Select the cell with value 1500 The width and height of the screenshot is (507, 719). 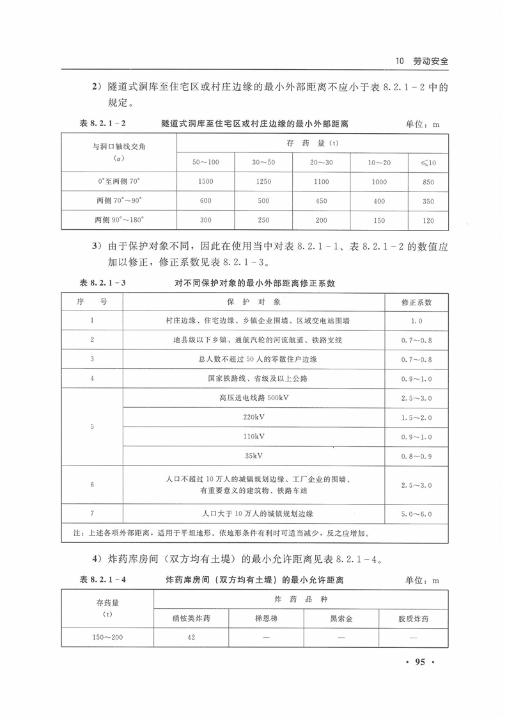click(x=206, y=182)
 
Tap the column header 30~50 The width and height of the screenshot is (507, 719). click(x=263, y=162)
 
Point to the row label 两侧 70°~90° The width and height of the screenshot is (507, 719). click(x=119, y=201)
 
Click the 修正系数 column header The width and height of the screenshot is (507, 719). click(x=416, y=302)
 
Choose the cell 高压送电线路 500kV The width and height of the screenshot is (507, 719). click(x=254, y=398)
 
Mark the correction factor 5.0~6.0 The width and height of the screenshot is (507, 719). click(x=416, y=513)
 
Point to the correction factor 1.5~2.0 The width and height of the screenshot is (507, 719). click(x=416, y=417)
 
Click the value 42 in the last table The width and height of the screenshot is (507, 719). click(x=191, y=638)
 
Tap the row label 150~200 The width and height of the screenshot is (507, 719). click(x=108, y=638)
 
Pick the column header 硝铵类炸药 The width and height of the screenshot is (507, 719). click(x=191, y=619)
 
